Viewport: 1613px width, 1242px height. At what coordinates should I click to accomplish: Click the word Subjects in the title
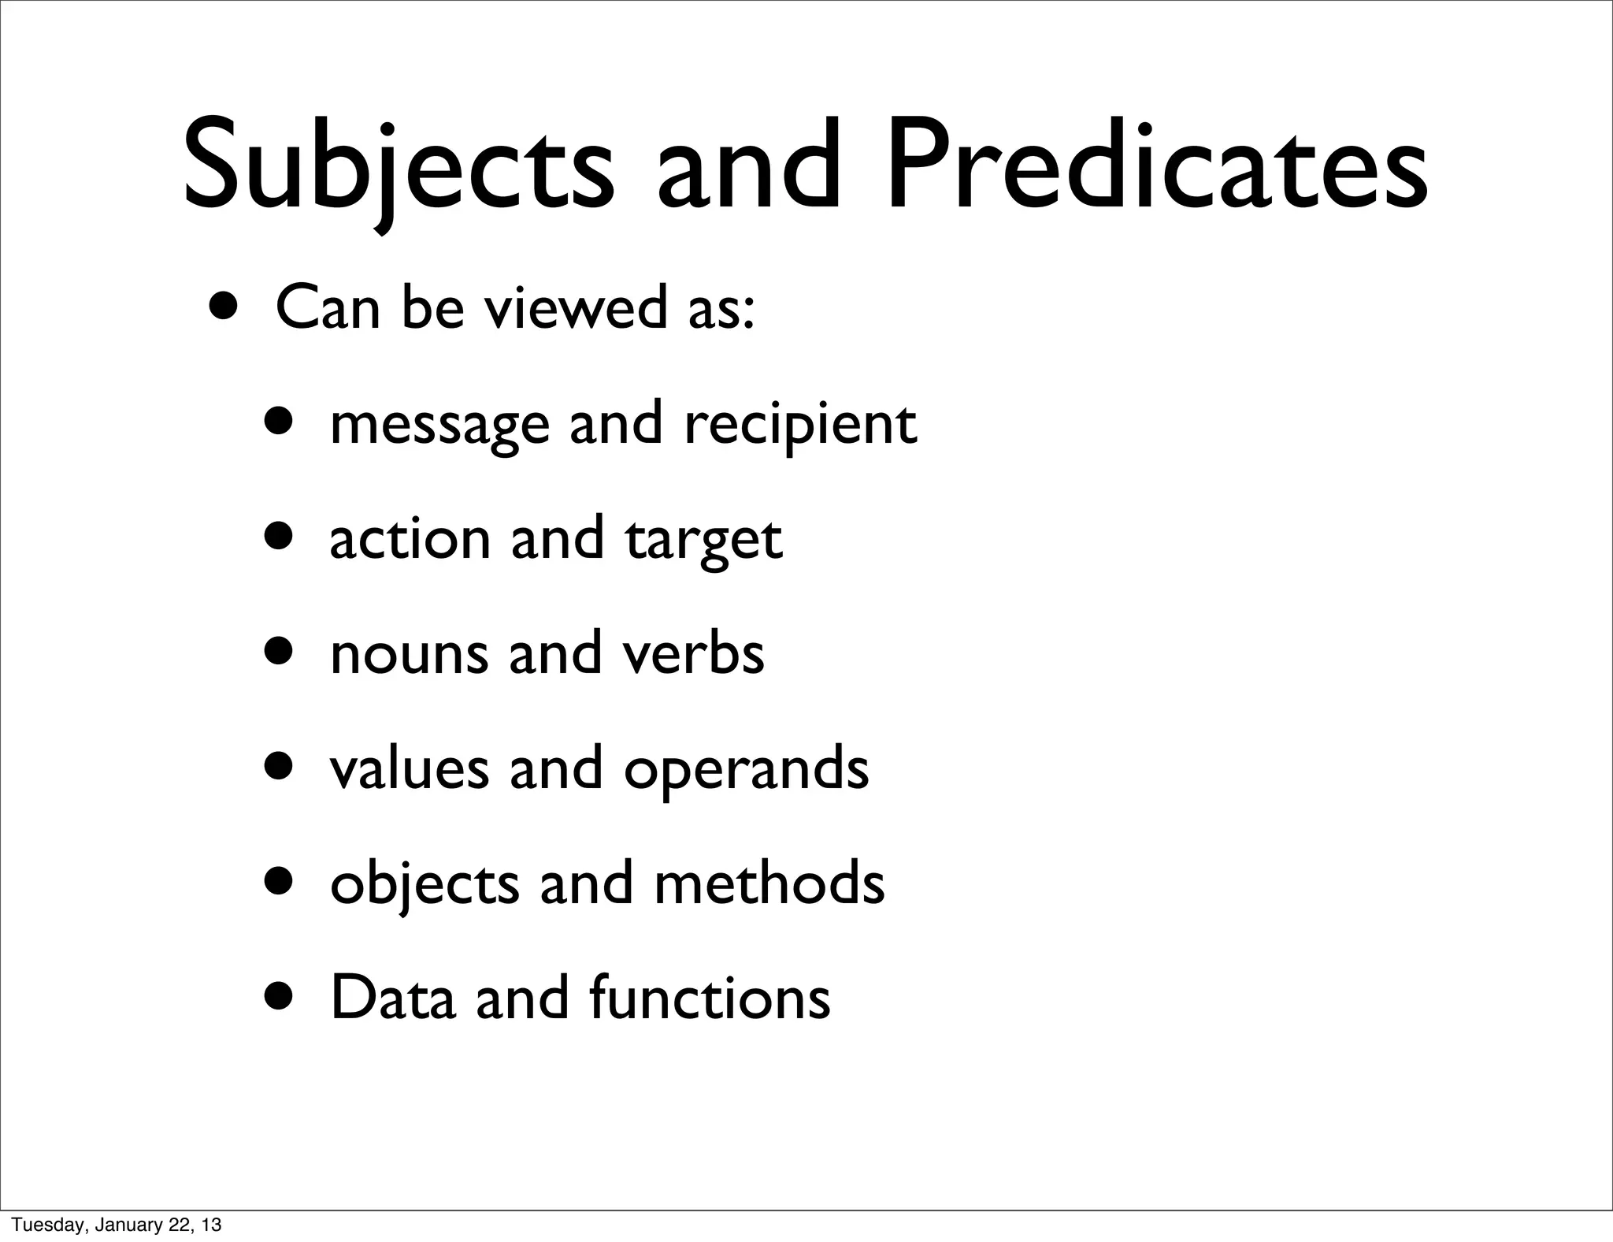coord(398,169)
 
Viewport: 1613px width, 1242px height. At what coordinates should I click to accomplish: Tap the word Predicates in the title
coord(1157,169)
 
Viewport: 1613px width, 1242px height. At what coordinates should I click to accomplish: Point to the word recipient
coord(800,426)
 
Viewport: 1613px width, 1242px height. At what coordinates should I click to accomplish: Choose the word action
coord(410,540)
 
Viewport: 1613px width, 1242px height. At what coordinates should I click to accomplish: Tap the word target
coord(704,541)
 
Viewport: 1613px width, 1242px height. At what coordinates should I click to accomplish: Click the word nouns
coord(409,654)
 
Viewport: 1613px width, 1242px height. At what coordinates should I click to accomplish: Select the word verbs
coord(693,654)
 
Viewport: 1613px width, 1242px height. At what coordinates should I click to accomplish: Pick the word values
coord(409,768)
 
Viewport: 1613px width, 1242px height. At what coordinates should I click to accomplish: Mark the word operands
coord(747,770)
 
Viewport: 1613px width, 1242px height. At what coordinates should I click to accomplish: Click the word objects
coord(425,884)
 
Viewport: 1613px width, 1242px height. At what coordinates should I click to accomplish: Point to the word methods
coord(769,883)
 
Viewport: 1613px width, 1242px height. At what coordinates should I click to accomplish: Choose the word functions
coord(709,998)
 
